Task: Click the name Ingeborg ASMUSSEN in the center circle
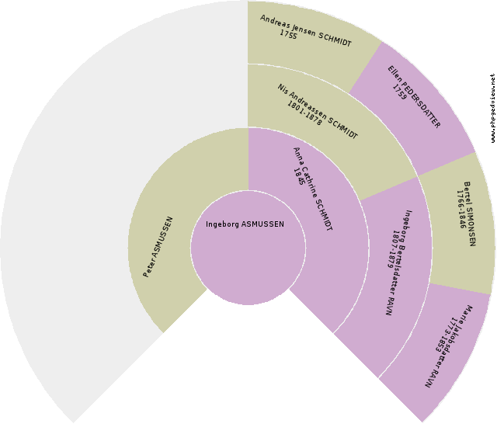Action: (245, 224)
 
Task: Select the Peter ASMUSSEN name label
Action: (158, 247)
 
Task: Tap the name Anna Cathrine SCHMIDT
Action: (313, 189)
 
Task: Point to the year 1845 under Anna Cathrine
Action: (299, 177)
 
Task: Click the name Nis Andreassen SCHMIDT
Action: (318, 112)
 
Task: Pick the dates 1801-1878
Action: (304, 113)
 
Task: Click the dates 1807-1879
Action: (391, 249)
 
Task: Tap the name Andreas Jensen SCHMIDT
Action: (306, 31)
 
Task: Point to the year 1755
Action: (288, 34)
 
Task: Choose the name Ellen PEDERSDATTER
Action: (414, 97)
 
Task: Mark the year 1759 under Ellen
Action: (399, 92)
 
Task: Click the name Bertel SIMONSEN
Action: (470, 213)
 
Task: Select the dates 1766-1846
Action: (461, 209)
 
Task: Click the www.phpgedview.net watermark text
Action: (492, 109)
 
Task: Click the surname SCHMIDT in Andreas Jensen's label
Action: (335, 40)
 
